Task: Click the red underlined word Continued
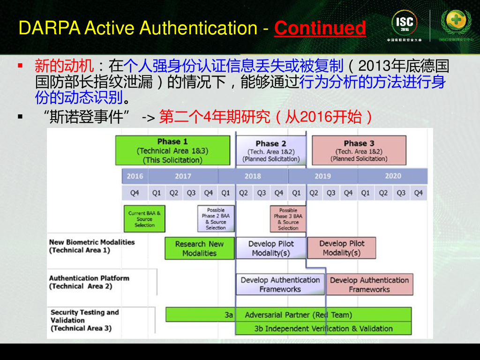(320, 28)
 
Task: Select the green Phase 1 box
(172, 150)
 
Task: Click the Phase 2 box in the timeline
(270, 150)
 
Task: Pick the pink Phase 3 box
(359, 150)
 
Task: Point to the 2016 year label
(135, 176)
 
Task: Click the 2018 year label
(253, 176)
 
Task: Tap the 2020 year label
(393, 176)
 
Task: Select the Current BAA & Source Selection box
(144, 219)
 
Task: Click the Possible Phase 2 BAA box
(216, 219)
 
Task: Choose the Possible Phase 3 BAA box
(288, 219)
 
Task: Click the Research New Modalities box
(199, 248)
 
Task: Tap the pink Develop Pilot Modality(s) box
(341, 248)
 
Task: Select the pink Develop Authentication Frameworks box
(369, 285)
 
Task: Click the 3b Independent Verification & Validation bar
(323, 329)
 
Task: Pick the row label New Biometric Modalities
(91, 246)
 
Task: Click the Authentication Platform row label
(89, 282)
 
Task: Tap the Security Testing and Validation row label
(84, 320)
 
